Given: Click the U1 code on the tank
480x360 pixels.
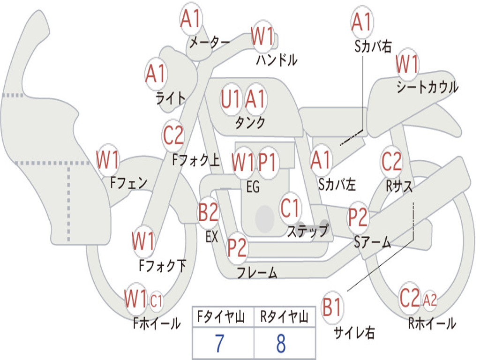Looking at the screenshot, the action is click(x=230, y=99).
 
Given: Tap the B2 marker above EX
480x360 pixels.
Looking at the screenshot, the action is click(x=208, y=212).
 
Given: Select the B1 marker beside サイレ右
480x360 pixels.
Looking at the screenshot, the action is click(x=332, y=307).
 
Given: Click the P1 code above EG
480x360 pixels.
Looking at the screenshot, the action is click(x=267, y=162).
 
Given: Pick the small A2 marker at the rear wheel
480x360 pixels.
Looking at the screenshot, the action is click(x=430, y=299).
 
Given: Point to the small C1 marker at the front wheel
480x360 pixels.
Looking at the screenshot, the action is click(x=156, y=300).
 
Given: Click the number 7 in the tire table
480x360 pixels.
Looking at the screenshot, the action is click(x=219, y=343).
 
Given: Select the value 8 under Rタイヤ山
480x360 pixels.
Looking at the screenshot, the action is click(x=281, y=343).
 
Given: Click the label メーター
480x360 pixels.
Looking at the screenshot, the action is click(x=210, y=42).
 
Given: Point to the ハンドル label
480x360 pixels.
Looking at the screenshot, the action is click(x=277, y=60).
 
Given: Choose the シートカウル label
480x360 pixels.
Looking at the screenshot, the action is click(x=427, y=87).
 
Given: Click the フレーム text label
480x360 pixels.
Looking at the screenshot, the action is click(x=257, y=272).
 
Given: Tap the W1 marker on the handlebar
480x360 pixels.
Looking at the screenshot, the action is click(x=262, y=36).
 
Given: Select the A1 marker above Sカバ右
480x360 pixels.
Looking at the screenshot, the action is click(x=362, y=22).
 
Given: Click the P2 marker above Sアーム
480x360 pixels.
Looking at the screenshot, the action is click(x=358, y=217).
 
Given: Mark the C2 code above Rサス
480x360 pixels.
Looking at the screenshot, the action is click(x=391, y=161).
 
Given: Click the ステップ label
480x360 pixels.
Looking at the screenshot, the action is click(x=308, y=231).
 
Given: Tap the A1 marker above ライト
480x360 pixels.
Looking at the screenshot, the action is click(x=156, y=74).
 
